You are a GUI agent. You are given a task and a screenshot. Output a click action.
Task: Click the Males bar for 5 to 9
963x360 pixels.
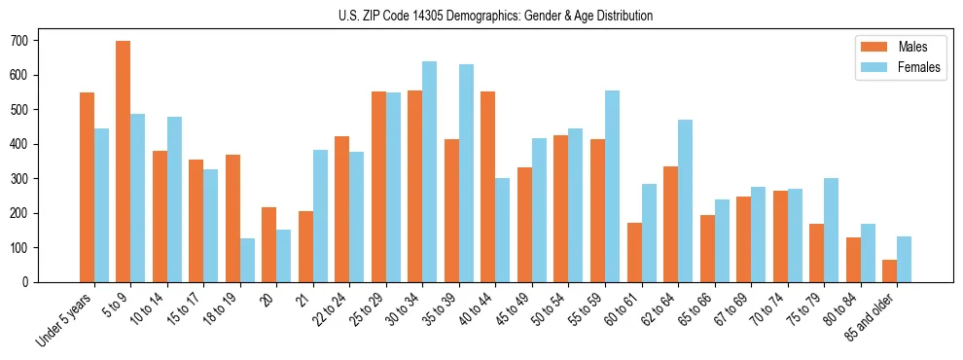point(124,162)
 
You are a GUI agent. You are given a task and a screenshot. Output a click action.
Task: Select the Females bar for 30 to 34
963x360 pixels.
point(430,171)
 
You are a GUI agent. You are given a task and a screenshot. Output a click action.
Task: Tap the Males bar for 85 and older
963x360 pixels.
point(890,270)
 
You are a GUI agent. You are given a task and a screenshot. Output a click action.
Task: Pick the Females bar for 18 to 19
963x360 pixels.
point(247,260)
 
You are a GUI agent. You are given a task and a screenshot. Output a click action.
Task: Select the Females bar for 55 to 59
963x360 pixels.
point(612,186)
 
